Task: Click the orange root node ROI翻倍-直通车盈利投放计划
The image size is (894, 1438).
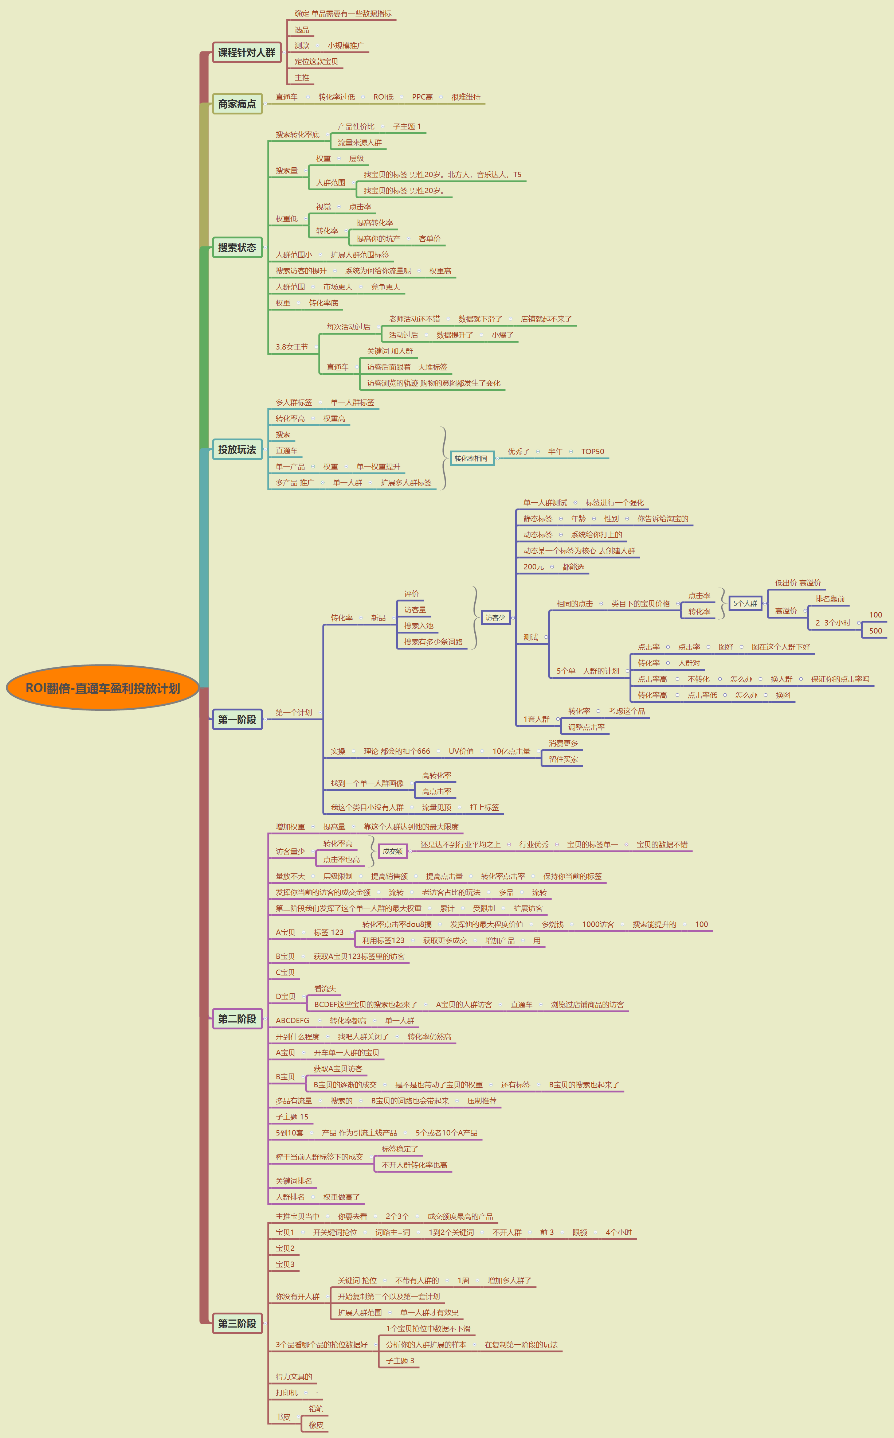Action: (102, 688)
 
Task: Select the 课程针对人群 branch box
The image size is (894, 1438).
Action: (246, 52)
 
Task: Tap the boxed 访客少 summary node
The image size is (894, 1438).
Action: (495, 617)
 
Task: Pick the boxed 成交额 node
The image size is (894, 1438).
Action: (393, 851)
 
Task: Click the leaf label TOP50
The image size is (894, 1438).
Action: (592, 451)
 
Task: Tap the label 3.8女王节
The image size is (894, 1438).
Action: (291, 347)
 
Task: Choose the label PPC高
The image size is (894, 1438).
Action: (422, 97)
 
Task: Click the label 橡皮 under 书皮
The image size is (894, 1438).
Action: (316, 1425)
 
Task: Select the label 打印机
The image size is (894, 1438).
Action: (287, 1392)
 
